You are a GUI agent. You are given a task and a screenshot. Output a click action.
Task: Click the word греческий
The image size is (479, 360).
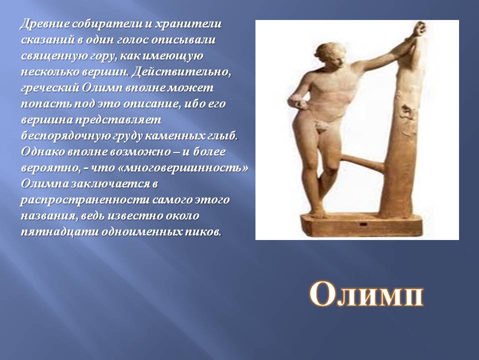pyautogui.click(x=49, y=88)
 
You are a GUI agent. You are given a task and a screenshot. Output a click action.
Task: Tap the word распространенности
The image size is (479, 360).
pyautogui.click(x=85, y=200)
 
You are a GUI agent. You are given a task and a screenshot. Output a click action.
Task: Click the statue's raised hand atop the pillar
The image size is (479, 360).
pyautogui.click(x=420, y=29)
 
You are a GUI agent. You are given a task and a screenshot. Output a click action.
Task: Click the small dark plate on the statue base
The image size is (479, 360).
pyautogui.click(x=364, y=225)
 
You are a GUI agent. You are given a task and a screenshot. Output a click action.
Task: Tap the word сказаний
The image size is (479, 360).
pyautogui.click(x=48, y=40)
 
